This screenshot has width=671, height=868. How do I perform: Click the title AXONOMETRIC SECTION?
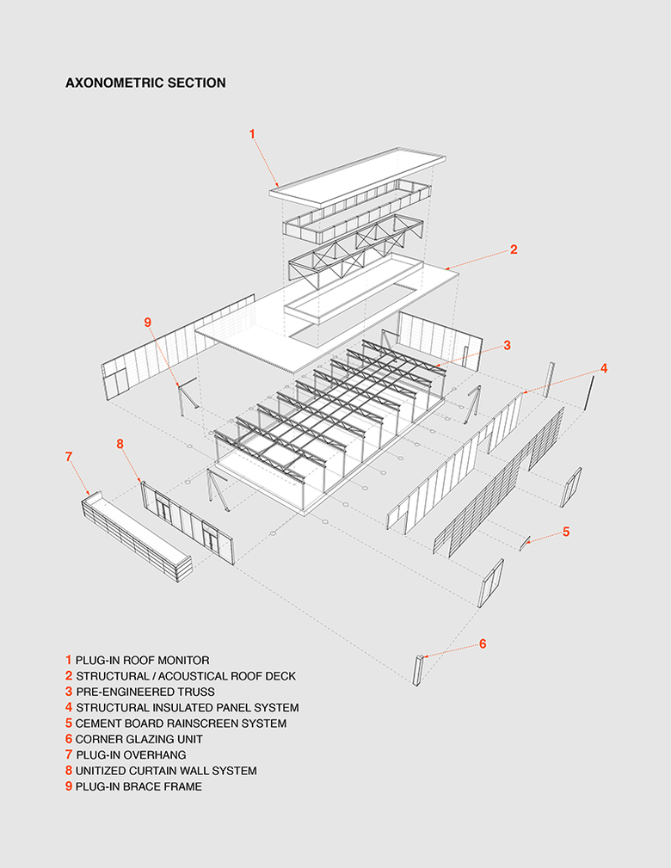coord(145,83)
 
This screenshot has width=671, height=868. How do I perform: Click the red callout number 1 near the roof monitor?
coord(253,133)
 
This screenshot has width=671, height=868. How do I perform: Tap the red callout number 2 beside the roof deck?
coord(514,249)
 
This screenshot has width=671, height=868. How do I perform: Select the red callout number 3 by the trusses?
coord(508,345)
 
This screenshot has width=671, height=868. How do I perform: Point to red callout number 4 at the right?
coord(604,368)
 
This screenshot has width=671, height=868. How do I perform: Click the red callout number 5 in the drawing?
coord(566,532)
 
